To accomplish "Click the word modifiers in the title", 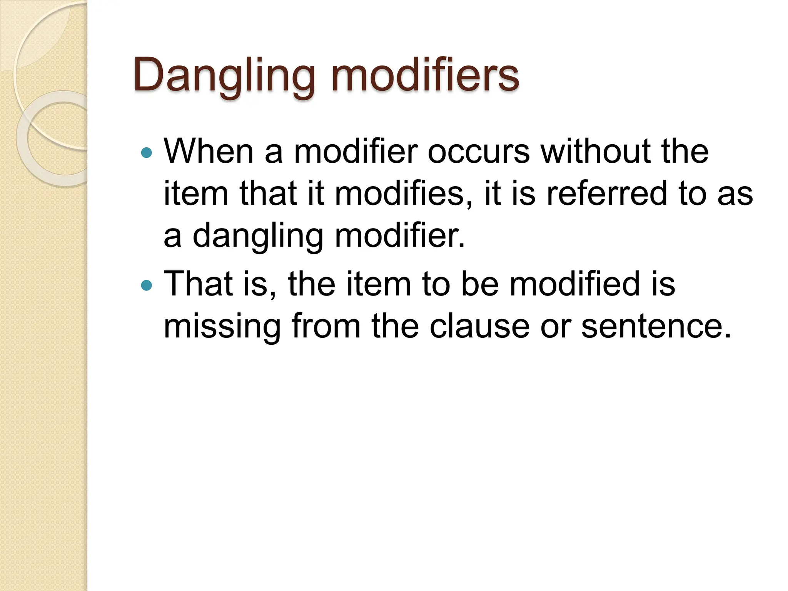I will (x=425, y=75).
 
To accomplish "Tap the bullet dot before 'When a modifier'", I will (x=147, y=153).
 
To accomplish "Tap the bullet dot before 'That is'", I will (x=147, y=285).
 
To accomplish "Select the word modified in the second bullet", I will (x=575, y=284).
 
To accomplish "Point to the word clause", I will (x=479, y=326).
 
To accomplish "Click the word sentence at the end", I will (x=656, y=326).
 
